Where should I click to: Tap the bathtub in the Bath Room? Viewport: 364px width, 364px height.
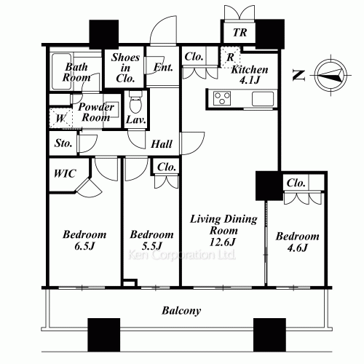coord(62,71)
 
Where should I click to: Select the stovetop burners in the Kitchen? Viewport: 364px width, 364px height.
coord(222,98)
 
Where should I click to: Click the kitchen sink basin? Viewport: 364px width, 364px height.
coord(263,99)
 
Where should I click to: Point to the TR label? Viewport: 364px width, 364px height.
coord(240,32)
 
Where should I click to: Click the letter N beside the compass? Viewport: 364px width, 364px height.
coord(299,75)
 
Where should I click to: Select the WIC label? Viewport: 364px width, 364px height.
coord(65,173)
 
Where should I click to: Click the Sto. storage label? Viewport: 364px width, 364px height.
coord(63,143)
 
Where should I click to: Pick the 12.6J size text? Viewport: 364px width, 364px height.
coord(223,242)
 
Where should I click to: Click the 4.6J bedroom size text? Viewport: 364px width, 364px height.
coord(297,248)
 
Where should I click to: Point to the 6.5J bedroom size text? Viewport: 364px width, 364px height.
coord(84,246)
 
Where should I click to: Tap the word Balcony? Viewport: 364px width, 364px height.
coord(181,311)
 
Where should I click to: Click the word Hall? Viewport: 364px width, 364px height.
coord(162,144)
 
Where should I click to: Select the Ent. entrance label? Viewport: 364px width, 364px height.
coord(163,67)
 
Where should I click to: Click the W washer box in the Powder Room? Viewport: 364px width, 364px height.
coord(60,119)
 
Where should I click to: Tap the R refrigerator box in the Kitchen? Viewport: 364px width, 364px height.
coord(230,58)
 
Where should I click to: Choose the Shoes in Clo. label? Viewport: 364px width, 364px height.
coord(125,68)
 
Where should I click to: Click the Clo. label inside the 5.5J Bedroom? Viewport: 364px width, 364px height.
coord(167,167)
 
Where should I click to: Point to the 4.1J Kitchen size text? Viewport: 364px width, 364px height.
coord(250,80)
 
